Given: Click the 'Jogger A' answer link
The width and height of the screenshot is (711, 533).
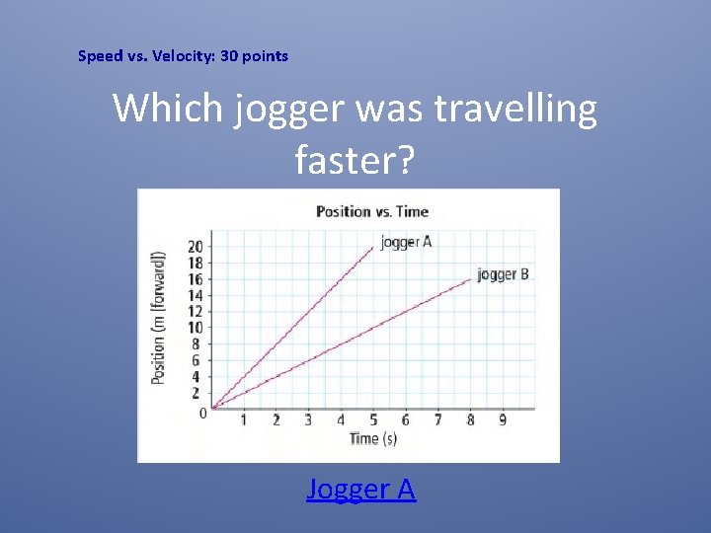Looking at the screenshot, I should click(x=360, y=489).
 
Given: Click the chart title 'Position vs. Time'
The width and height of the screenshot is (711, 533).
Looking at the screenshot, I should click(x=371, y=211).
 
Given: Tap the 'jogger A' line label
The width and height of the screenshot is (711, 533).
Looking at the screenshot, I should click(x=406, y=241).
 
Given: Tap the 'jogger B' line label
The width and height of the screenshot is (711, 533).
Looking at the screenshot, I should click(x=503, y=274).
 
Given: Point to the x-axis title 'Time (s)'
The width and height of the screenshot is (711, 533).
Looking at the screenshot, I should click(x=372, y=438).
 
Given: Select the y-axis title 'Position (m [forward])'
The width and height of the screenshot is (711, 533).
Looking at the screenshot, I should click(x=158, y=318).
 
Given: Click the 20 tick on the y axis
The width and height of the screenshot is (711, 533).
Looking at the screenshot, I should click(x=196, y=247).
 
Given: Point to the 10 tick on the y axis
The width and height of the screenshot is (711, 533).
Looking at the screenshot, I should click(x=196, y=328).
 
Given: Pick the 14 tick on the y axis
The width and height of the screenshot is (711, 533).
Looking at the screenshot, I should click(x=196, y=295).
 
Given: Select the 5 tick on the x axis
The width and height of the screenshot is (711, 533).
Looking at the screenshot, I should click(x=373, y=420).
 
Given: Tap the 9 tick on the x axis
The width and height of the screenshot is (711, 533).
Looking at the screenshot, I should click(x=503, y=420).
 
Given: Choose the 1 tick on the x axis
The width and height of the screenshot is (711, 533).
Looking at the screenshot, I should click(x=244, y=420).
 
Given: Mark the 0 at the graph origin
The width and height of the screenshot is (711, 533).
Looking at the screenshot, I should click(x=202, y=413).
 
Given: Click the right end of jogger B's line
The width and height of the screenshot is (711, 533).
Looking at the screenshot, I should click(x=471, y=279).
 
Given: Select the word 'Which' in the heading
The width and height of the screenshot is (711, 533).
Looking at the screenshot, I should click(x=169, y=109).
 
